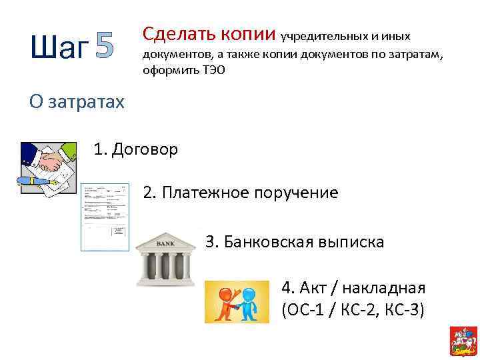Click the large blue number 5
click(x=104, y=47)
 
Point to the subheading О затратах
click(x=77, y=101)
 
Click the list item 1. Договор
click(x=136, y=149)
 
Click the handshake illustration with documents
click(x=47, y=167)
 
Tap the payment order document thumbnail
click(x=105, y=217)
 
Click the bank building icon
click(x=165, y=259)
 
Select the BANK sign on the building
click(x=165, y=244)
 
